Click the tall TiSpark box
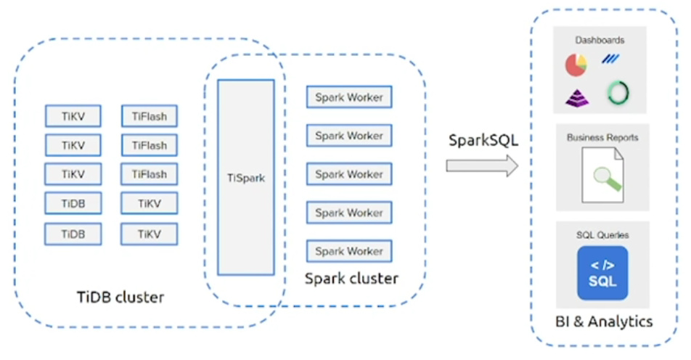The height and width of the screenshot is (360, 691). (246, 177)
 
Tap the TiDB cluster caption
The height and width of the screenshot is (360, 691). (120, 297)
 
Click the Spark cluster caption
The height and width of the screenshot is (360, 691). (351, 278)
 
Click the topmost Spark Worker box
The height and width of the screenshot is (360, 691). (349, 97)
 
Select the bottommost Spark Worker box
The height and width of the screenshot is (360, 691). (349, 251)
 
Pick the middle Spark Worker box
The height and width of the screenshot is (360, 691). (349, 174)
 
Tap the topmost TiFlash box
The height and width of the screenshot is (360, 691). (150, 116)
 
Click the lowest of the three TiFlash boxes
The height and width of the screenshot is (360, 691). (150, 174)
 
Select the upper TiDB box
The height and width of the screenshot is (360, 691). (73, 204)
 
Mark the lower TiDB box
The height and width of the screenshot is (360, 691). (73, 234)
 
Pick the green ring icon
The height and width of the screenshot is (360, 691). (618, 93)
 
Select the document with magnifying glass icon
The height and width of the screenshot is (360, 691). (602, 175)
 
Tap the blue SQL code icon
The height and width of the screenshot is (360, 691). (602, 273)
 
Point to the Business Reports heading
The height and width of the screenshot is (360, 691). (602, 136)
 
